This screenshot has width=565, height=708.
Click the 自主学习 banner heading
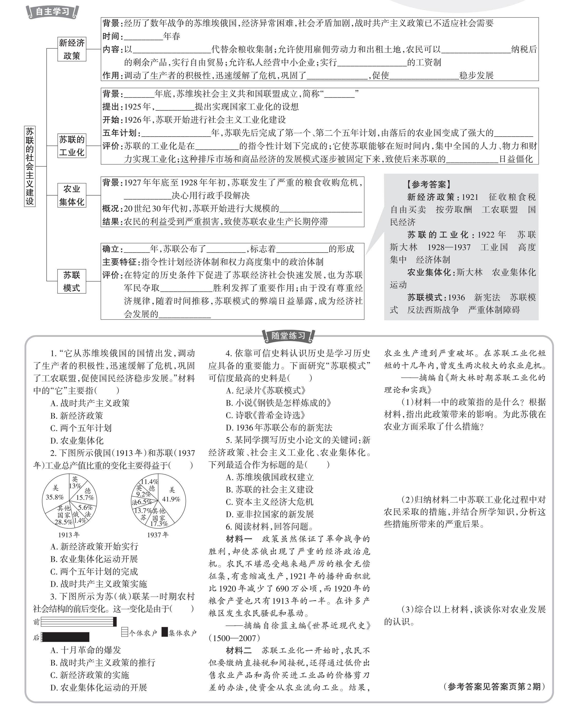[x=52, y=12]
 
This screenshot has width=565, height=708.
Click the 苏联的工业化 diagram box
[x=72, y=146]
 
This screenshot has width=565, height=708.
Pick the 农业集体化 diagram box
[x=72, y=195]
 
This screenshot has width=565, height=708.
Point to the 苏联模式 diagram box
[x=72, y=281]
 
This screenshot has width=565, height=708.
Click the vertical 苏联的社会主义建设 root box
[x=30, y=166]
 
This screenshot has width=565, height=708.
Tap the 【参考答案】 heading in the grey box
[x=429, y=185]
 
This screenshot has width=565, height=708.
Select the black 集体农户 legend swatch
[x=165, y=632]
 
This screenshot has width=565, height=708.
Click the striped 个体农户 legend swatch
[x=124, y=632]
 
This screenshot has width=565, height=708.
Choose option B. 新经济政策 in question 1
[x=77, y=416]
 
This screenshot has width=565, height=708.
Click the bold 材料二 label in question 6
[x=239, y=650]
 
